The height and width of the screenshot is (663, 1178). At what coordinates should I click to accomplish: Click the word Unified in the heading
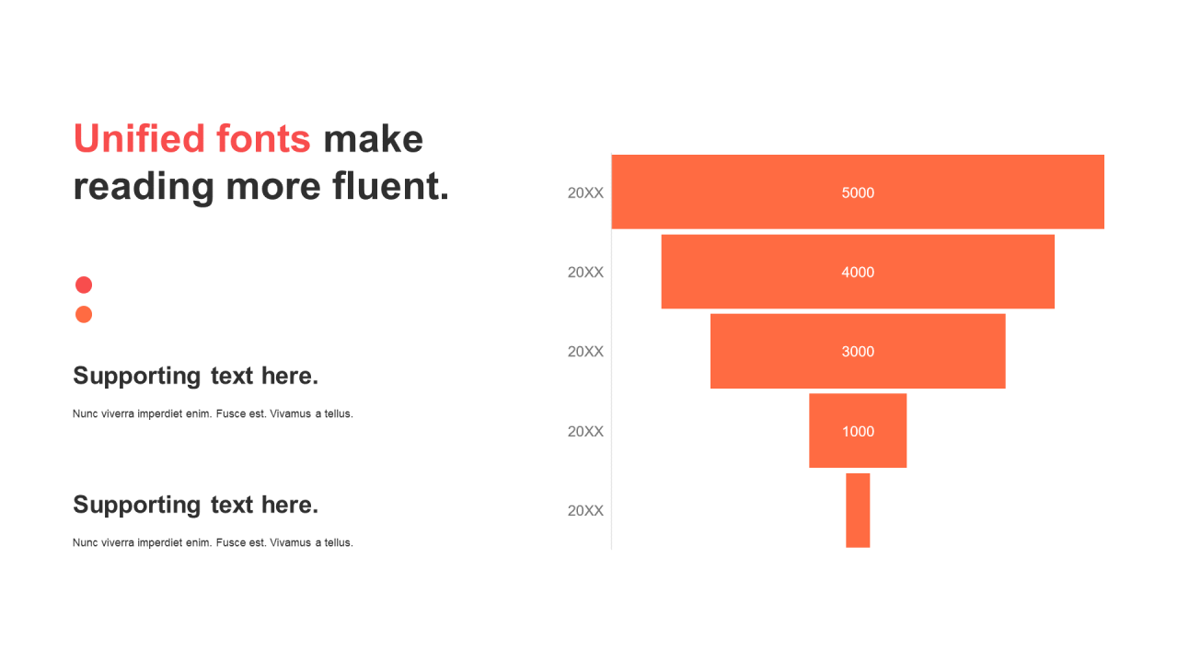pyautogui.click(x=139, y=139)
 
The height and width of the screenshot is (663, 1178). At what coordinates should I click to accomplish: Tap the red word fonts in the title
pyautogui.click(x=263, y=139)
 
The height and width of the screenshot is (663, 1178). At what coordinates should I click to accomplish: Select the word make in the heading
pyautogui.click(x=373, y=139)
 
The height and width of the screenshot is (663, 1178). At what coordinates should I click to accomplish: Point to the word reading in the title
pyautogui.click(x=144, y=187)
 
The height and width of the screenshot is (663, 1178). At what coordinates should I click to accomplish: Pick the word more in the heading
pyautogui.click(x=273, y=188)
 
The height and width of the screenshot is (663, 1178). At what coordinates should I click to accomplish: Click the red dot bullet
pyautogui.click(x=84, y=285)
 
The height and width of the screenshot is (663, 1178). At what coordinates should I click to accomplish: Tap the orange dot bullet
pyautogui.click(x=84, y=314)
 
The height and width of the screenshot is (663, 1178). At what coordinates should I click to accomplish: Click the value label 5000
pyautogui.click(x=858, y=192)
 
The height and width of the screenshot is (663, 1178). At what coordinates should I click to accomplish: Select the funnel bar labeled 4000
pyautogui.click(x=858, y=272)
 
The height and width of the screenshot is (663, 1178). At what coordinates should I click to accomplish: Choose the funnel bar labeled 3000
pyautogui.click(x=858, y=351)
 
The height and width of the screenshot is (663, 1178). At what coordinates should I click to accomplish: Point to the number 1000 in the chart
pyautogui.click(x=858, y=432)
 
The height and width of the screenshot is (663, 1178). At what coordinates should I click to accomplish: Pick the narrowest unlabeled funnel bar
pyautogui.click(x=858, y=510)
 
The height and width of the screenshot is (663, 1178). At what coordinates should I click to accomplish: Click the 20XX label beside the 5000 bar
pyautogui.click(x=585, y=193)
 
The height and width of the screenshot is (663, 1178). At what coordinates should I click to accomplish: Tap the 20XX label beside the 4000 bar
pyautogui.click(x=585, y=272)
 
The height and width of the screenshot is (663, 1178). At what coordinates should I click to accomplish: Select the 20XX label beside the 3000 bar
pyautogui.click(x=585, y=352)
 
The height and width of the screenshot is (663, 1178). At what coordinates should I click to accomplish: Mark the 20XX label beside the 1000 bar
pyautogui.click(x=585, y=432)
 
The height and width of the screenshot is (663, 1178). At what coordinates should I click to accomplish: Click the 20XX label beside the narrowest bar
pyautogui.click(x=585, y=510)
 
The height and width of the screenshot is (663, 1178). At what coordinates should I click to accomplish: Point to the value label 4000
pyautogui.click(x=858, y=272)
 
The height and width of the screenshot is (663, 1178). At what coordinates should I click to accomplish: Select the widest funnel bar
pyautogui.click(x=858, y=192)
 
